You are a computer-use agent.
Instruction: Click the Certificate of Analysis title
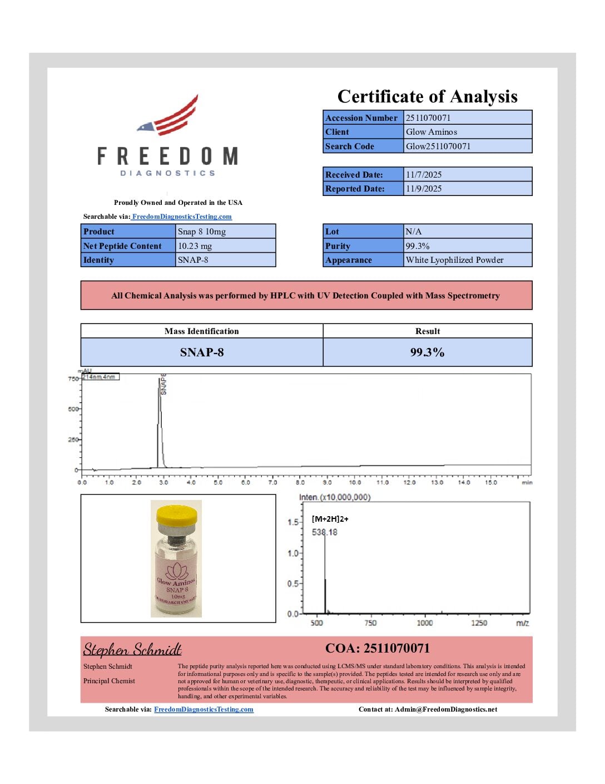(427, 97)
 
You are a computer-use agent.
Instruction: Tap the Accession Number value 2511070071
(428, 117)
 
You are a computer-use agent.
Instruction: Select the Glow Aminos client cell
(432, 132)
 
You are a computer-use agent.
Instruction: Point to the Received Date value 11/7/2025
(424, 175)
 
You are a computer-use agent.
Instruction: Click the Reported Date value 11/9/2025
(424, 189)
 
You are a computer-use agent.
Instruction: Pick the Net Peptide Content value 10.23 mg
(195, 246)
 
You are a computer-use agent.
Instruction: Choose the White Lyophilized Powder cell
(454, 260)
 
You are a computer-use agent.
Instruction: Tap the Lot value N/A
(414, 232)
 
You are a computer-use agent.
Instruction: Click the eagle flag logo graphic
(169, 116)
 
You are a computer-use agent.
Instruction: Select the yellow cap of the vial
(177, 515)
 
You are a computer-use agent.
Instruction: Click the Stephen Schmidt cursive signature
(132, 650)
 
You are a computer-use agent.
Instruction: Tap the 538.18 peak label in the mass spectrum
(325, 532)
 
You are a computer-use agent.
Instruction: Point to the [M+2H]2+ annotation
(330, 519)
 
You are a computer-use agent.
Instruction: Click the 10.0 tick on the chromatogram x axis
(355, 482)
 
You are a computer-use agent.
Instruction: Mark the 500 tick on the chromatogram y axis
(73, 409)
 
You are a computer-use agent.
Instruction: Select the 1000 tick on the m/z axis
(425, 623)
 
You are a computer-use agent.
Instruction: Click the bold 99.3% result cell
(427, 352)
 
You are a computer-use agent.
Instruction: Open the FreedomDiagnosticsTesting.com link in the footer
(204, 709)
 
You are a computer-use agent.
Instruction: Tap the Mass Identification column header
(201, 331)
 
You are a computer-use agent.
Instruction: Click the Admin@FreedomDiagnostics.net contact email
(446, 709)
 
